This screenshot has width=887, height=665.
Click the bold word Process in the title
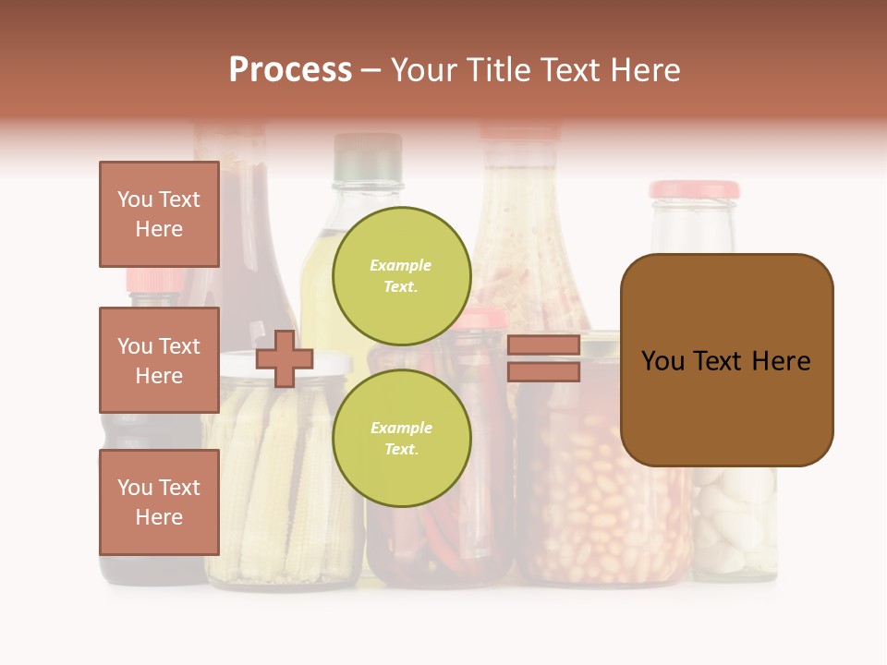point(290,70)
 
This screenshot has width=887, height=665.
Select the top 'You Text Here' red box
point(159,214)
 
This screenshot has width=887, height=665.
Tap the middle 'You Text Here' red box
point(159,360)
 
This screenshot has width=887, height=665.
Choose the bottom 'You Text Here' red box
point(159,502)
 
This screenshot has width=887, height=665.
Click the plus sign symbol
point(285,358)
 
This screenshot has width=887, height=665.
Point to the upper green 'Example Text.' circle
point(402,275)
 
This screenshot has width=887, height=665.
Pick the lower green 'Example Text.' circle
point(402,438)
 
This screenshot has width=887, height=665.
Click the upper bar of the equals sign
point(543,345)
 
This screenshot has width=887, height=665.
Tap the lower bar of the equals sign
point(543,372)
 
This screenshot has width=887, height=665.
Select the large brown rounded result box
point(726,360)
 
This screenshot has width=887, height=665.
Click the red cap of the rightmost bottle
point(694,189)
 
